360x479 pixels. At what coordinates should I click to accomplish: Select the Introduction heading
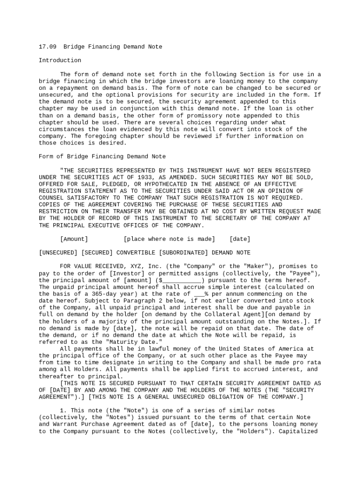[60, 60]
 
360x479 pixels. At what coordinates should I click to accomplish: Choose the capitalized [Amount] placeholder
[74, 239]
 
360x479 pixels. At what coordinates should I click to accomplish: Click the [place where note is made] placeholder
[169, 239]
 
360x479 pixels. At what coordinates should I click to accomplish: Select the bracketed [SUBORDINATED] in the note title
[183, 253]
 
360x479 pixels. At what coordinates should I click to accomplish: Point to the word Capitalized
[299, 431]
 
